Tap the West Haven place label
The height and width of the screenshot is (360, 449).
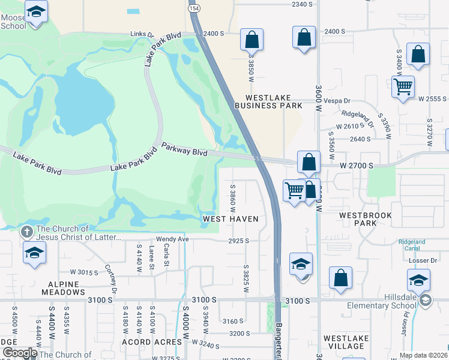(231, 219)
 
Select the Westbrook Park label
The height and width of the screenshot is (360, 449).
(365, 219)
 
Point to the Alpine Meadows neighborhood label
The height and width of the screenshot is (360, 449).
(64, 288)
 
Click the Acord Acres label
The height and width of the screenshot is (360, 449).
(144, 342)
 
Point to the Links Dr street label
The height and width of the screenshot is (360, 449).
(142, 34)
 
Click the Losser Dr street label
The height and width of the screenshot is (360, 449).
(424, 260)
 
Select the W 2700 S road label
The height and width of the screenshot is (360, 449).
(357, 164)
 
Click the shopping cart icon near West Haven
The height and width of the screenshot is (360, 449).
(294, 191)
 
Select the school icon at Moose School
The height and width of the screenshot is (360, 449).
(37, 11)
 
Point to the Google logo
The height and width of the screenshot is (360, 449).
(19, 353)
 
